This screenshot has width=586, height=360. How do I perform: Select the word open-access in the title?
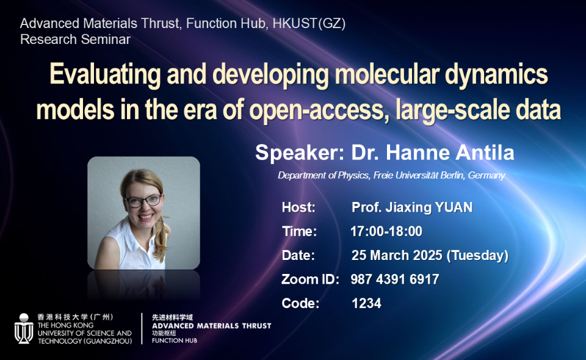click(319, 110)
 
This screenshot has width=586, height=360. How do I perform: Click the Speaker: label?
click(300, 153)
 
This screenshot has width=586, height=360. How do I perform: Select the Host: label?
click(298, 207)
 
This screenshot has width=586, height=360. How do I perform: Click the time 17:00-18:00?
click(386, 231)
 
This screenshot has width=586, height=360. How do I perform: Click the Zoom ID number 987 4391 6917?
click(395, 279)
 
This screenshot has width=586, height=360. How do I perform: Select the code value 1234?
click(367, 303)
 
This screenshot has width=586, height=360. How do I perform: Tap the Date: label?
click(298, 256)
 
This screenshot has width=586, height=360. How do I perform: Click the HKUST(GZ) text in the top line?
click(309, 24)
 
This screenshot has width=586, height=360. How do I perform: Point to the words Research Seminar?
click(76, 39)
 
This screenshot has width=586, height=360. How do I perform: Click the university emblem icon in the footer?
click(24, 329)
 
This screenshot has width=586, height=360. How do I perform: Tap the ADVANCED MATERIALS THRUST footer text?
click(212, 326)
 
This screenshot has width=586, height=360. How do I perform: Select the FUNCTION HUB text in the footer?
click(175, 340)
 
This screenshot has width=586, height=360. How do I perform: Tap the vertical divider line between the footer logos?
click(142, 329)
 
